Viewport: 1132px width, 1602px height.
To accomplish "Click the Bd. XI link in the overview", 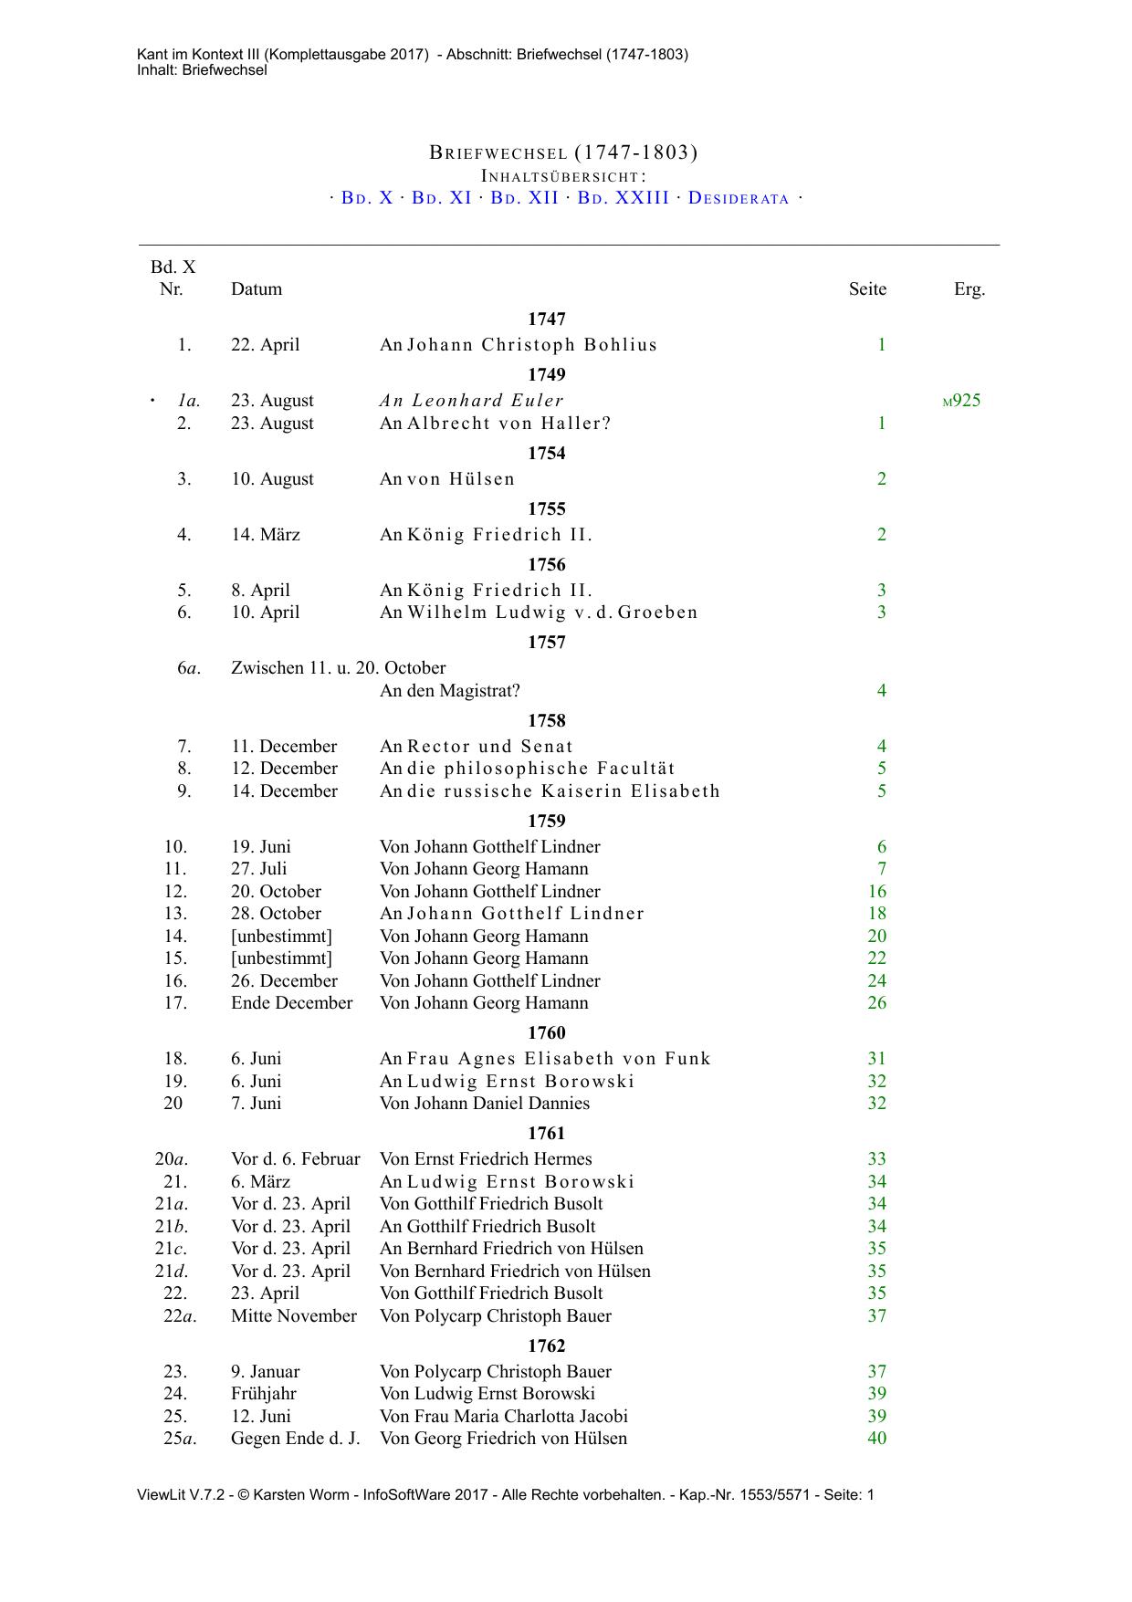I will tap(442, 198).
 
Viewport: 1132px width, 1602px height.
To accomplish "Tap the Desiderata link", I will tap(739, 198).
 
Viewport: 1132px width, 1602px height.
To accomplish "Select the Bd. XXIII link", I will tap(624, 198).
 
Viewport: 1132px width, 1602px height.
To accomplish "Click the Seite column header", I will tap(867, 289).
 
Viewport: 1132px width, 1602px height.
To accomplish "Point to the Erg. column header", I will tap(970, 289).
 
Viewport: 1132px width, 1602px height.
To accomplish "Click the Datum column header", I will tap(257, 289).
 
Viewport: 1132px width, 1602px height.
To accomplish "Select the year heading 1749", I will tap(547, 375).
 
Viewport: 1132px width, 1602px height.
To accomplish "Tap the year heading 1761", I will tap(547, 1134).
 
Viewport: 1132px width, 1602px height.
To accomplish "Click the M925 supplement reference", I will tap(962, 401).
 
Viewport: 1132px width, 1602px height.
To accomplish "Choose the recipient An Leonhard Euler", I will tap(472, 401).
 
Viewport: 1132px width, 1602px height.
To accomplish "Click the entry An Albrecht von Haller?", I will tap(496, 424).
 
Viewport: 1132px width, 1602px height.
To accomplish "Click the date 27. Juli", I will tap(258, 869).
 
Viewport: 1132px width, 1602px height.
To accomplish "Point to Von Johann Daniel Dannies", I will tap(485, 1104).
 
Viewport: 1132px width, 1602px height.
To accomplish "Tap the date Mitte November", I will tap(294, 1316).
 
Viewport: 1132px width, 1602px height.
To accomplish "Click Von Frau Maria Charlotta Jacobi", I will tap(504, 1417).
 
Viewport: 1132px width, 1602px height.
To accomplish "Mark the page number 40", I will tap(877, 1439).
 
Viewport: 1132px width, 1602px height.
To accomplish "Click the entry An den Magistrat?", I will tap(450, 691).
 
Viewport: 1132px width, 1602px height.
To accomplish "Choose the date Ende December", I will tap(291, 1003).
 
